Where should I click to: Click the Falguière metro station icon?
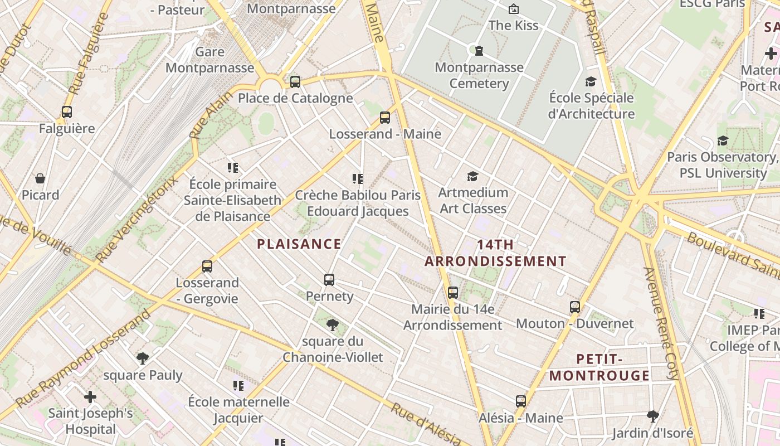point(67,112)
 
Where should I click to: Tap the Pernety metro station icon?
point(329,280)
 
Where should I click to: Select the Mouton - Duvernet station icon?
point(575,307)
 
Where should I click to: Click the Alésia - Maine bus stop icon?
point(521,401)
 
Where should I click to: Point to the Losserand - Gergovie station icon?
point(207,266)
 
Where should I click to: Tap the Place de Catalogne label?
point(295,99)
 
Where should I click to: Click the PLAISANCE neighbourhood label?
point(299,244)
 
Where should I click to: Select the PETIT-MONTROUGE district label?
point(599,367)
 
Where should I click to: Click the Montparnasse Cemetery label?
point(479,75)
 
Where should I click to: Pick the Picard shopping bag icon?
point(40,178)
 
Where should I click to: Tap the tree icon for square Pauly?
point(143,358)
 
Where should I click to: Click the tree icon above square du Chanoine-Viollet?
point(333,324)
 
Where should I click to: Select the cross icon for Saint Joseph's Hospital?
point(90,397)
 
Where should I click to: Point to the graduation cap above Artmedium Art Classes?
point(472,177)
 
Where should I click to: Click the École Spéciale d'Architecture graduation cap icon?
point(591,82)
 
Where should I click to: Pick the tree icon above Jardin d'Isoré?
point(652,416)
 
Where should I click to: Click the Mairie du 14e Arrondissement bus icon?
point(453,292)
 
